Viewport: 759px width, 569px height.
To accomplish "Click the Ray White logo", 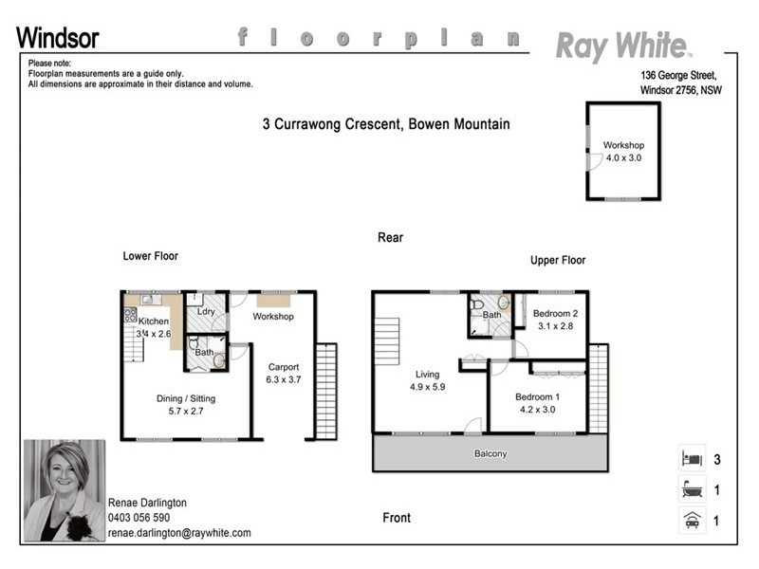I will pyautogui.click(x=623, y=45).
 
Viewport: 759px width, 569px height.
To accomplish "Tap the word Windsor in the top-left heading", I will pyautogui.click(x=57, y=39).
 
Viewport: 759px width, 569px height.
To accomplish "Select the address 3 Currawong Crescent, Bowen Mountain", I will pyautogui.click(x=386, y=124).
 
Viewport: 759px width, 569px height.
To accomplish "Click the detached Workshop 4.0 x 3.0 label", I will pyautogui.click(x=623, y=152).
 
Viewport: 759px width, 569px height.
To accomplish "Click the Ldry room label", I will pyautogui.click(x=204, y=311).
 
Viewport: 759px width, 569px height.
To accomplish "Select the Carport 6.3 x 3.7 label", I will pyautogui.click(x=283, y=373).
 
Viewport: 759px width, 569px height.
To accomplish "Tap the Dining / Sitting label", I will pyautogui.click(x=185, y=405).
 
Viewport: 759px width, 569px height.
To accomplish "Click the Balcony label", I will pyautogui.click(x=491, y=454).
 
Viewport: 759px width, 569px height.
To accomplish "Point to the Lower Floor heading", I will pyautogui.click(x=150, y=256).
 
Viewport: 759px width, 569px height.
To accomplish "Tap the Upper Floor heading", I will pyautogui.click(x=558, y=260).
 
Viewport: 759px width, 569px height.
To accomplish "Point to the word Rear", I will pyautogui.click(x=390, y=237).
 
